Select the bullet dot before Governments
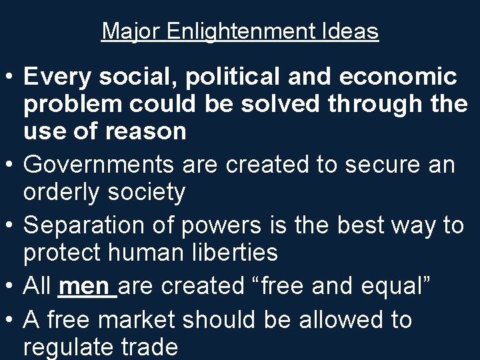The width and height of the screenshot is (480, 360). click(x=10, y=163)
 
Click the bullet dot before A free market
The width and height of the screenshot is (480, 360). click(x=10, y=321)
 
